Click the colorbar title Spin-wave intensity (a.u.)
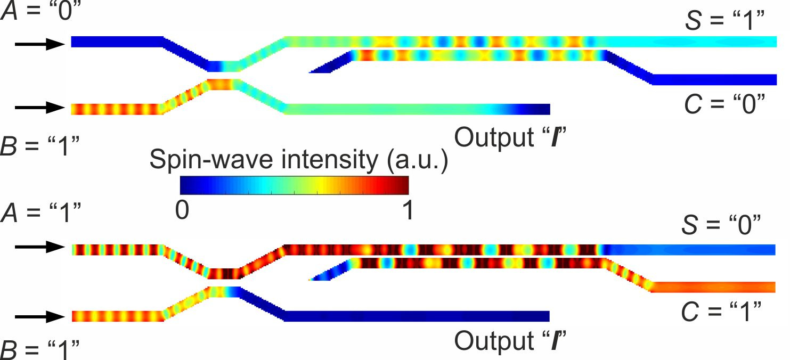[x=298, y=159]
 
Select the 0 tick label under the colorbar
[x=182, y=211]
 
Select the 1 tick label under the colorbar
[x=408, y=211]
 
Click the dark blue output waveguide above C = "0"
[x=714, y=80]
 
